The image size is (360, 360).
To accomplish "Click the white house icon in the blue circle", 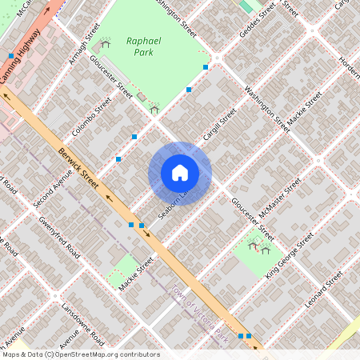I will (x=180, y=173).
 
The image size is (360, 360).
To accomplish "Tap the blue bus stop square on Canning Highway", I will (x=11, y=56).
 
